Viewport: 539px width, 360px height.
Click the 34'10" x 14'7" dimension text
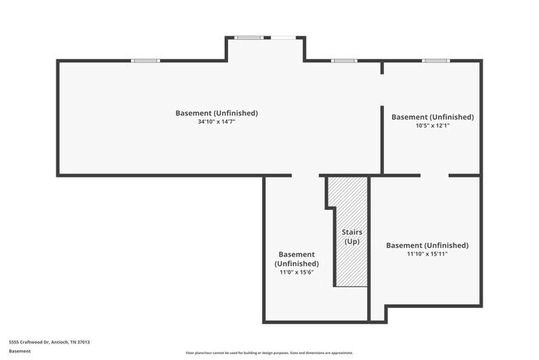[x=216, y=122]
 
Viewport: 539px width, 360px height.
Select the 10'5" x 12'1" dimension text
[x=432, y=126]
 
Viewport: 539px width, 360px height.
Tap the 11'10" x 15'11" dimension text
[x=427, y=255]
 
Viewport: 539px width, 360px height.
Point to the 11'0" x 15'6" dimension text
[x=296, y=272]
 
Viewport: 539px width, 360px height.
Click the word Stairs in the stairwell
[x=352, y=232]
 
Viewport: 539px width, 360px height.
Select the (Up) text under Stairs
[x=352, y=241]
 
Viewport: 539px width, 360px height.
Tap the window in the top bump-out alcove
[x=249, y=37]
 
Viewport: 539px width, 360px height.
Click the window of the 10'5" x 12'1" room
[x=435, y=61]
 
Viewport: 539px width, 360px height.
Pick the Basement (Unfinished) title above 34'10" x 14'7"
[x=216, y=113]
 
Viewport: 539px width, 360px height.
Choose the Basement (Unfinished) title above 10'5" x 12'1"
[x=432, y=117]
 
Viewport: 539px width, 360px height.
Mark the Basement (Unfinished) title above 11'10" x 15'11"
[x=427, y=246]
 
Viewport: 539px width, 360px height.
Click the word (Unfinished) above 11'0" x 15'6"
[x=296, y=263]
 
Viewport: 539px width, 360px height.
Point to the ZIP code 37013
[x=83, y=342]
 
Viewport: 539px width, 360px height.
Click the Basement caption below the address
[x=20, y=351]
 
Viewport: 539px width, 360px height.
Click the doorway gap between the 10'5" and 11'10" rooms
[x=435, y=175]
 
